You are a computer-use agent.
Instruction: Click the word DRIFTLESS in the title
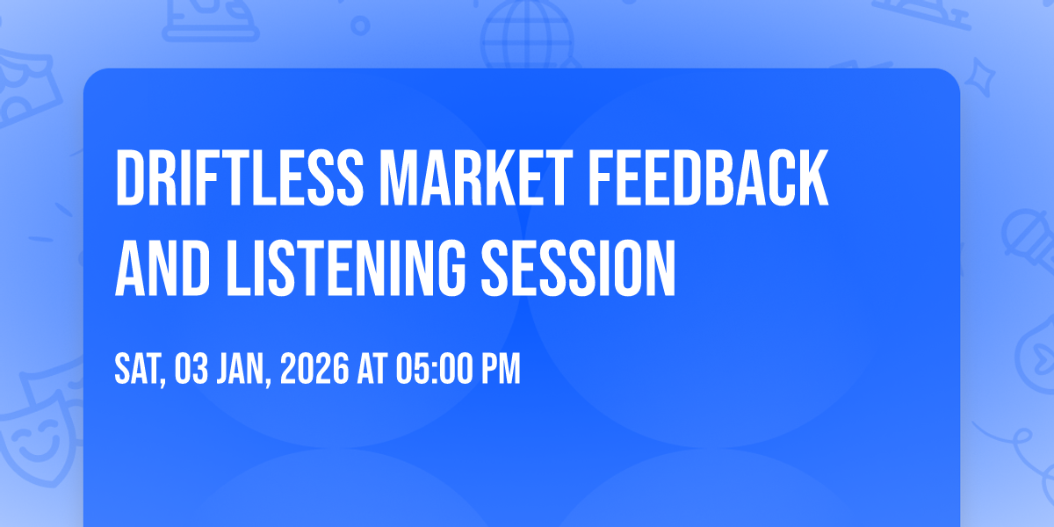[236, 179]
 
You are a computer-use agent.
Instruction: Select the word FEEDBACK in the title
[706, 179]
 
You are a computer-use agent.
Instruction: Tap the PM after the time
[501, 371]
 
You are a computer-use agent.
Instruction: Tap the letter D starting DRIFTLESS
[130, 179]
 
